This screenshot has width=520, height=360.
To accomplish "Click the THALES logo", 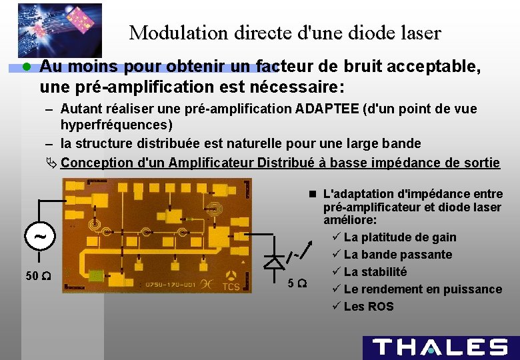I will click(440, 347).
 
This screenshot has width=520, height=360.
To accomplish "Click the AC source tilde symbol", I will click(41, 236).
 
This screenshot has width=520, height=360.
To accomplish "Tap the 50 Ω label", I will click(35, 276).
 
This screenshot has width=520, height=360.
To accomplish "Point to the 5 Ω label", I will click(297, 283).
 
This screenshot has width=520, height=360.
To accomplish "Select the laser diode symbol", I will click(274, 262).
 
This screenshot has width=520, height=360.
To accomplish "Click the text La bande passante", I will click(398, 255).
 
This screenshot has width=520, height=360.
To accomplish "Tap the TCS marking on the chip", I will click(231, 287).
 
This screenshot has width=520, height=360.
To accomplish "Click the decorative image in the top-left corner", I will click(60, 30).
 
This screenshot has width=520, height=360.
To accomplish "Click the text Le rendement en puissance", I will click(423, 289).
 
